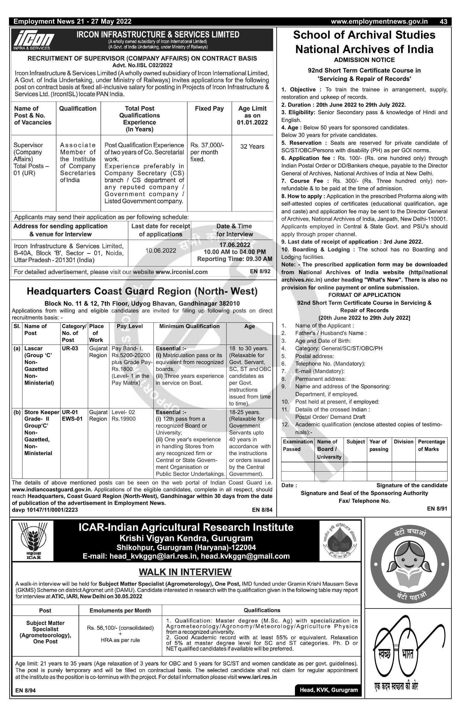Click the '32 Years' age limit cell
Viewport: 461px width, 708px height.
pos(252,147)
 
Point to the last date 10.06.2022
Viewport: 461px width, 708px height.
pos(161,250)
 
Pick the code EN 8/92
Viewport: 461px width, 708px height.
pos(260,271)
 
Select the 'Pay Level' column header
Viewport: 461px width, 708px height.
pos(130,326)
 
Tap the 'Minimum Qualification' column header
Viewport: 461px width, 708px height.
pos(189,326)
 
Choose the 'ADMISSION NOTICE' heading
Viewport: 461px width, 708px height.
pos(364,60)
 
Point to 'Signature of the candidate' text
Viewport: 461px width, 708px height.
pos(412,485)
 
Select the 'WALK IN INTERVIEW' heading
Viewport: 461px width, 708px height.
pos(185,572)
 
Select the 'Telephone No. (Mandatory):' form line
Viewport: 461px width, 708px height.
pos(330,364)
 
